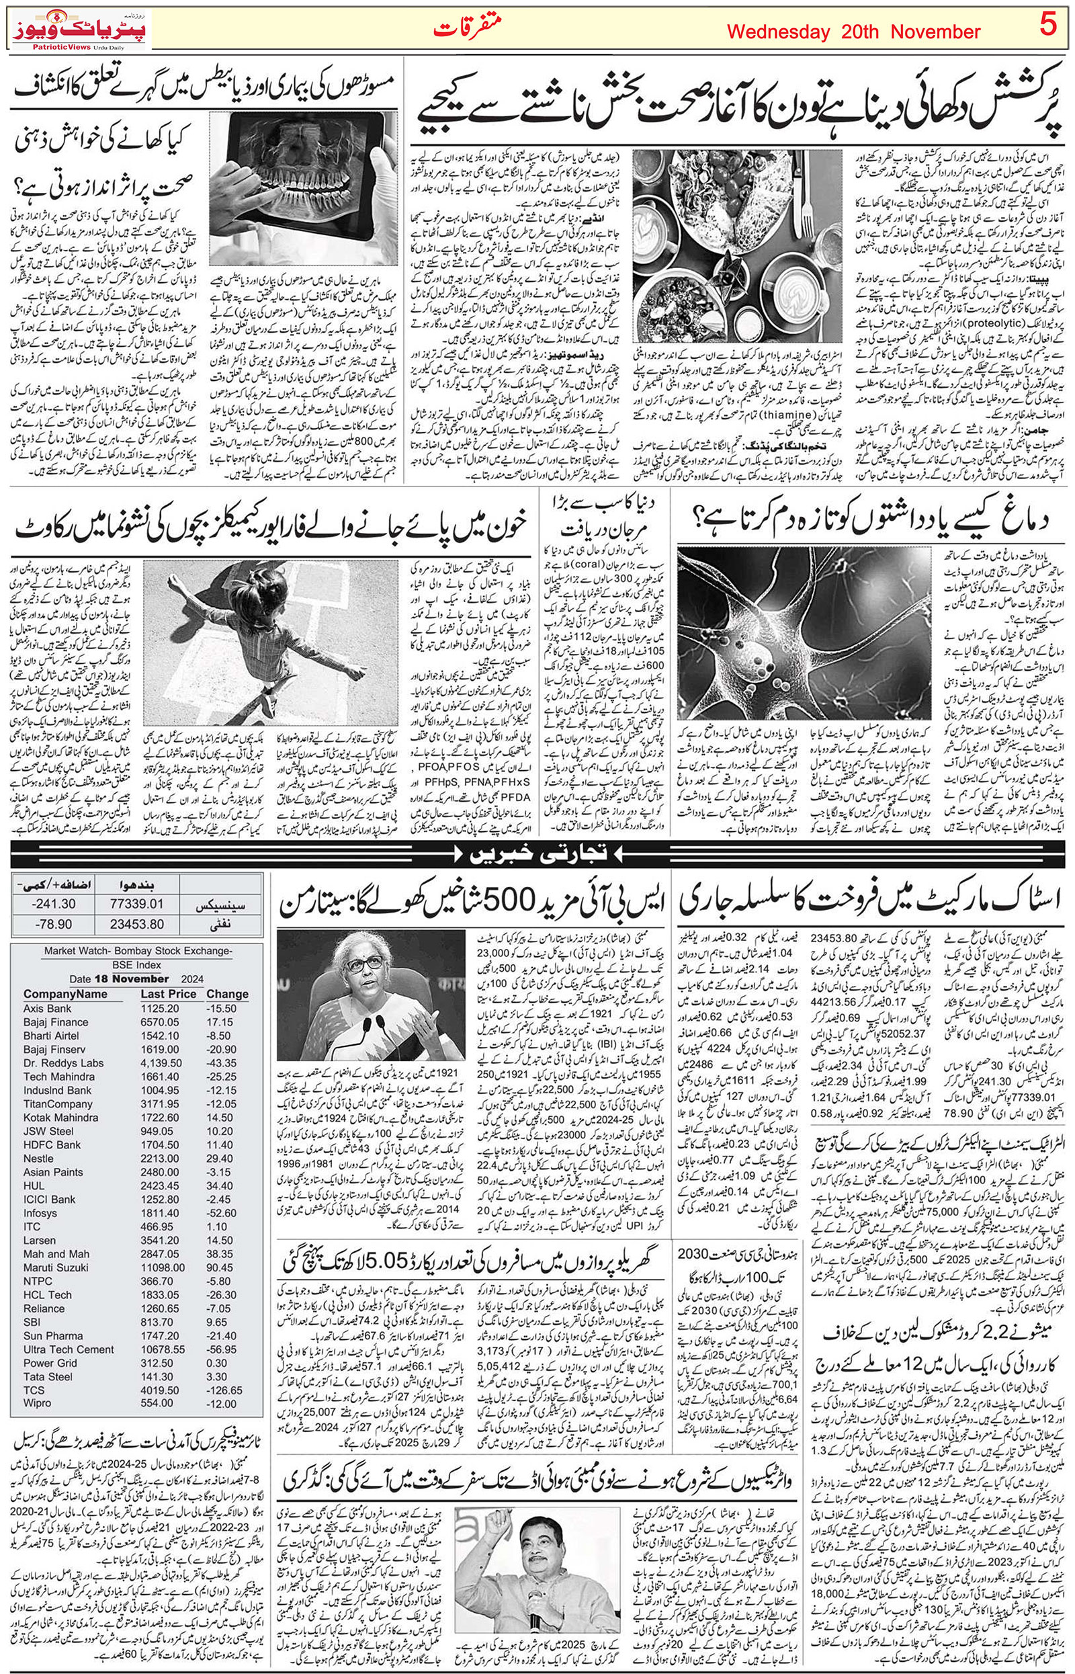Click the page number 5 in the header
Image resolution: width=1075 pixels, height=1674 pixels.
tap(1046, 29)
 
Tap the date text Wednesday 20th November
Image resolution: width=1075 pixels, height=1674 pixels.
tap(853, 32)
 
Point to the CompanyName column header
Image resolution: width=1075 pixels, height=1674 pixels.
tap(66, 994)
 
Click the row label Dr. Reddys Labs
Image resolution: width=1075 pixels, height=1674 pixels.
tap(64, 1063)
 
